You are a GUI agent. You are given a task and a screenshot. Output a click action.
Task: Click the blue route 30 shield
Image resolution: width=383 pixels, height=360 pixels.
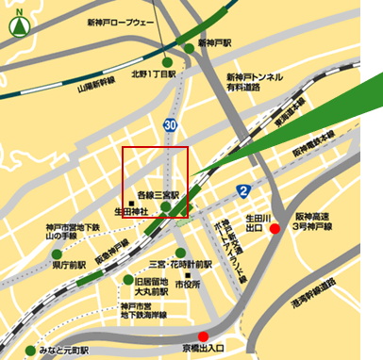coord(170,123)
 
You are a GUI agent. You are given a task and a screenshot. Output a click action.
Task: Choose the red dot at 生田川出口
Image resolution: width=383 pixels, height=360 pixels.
coord(275,228)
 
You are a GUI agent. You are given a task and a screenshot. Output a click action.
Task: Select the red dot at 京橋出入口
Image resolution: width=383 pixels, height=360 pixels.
coord(203,336)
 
